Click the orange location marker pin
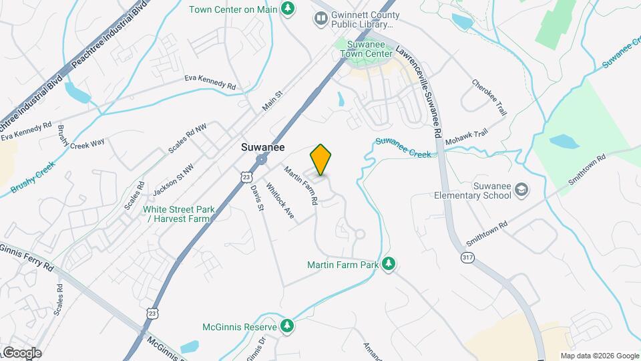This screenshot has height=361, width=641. tap(321, 159)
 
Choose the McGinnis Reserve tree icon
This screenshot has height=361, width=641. tap(287, 327)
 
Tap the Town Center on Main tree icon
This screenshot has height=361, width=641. tap(288, 9)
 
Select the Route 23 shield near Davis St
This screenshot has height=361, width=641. tap(247, 176)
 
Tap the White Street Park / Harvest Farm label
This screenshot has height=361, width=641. tap(179, 214)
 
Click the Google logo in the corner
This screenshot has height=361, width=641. tap(21, 352)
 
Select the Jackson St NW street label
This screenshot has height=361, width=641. tap(173, 180)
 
